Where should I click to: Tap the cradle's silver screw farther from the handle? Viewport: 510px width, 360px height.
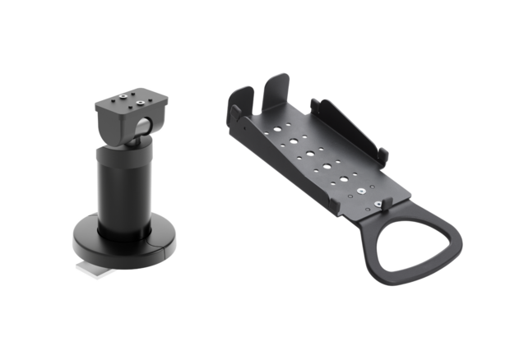click(x=362, y=192)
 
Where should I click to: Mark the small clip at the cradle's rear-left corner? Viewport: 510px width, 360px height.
click(x=234, y=115)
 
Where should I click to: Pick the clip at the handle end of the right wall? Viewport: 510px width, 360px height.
click(x=384, y=155)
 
